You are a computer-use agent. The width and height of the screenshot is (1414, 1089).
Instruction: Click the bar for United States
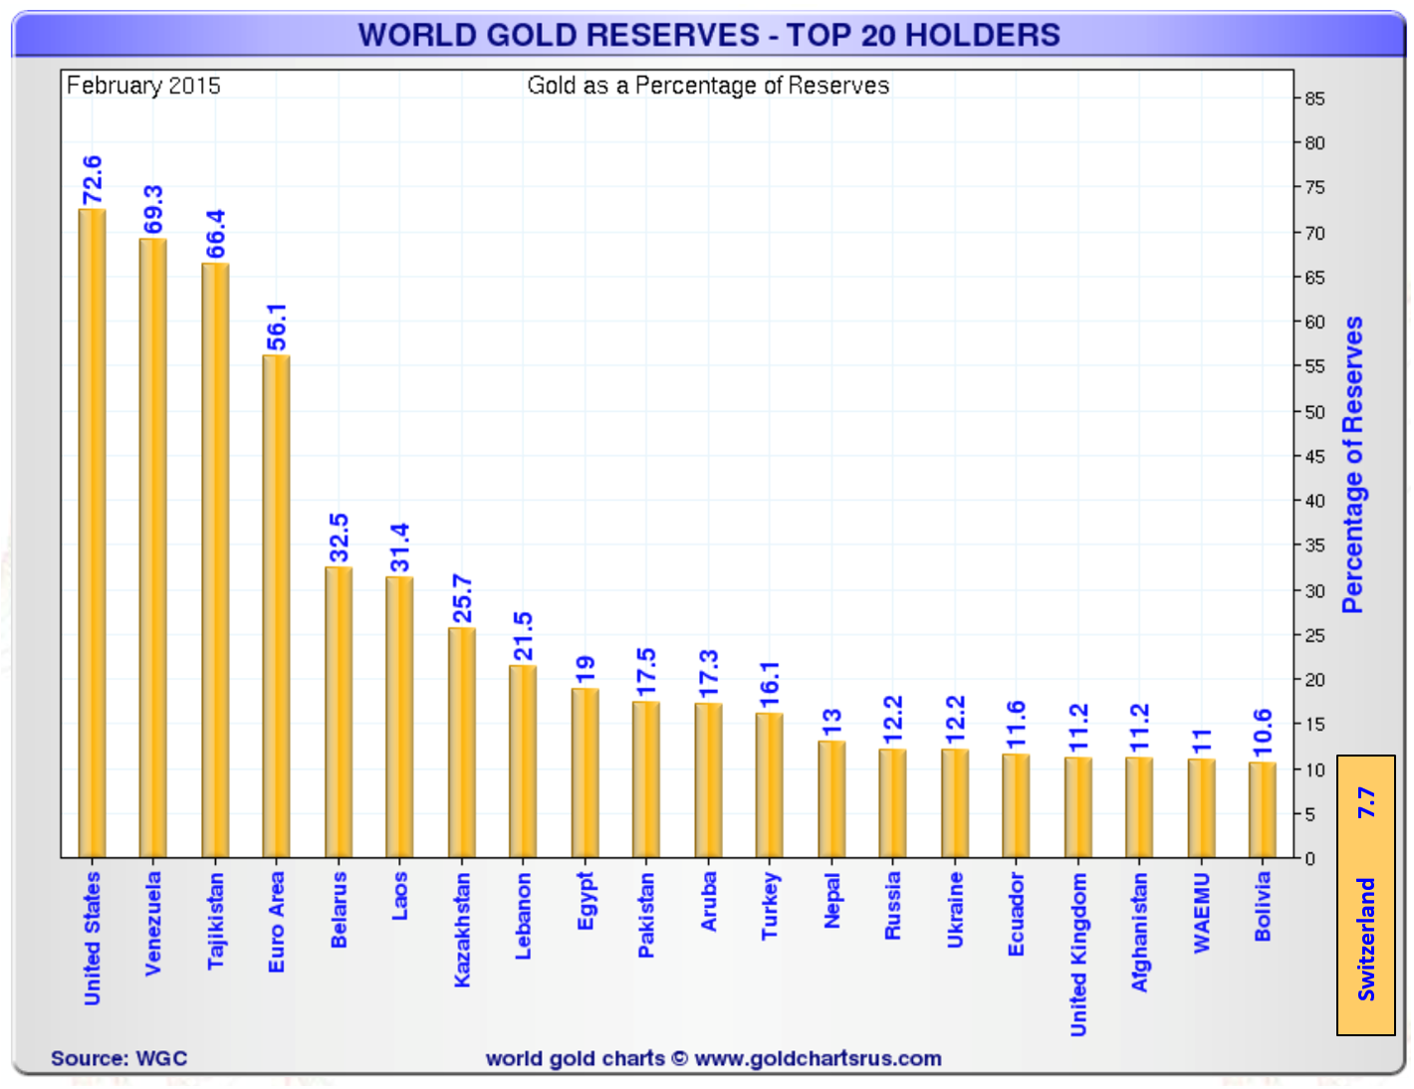(92, 533)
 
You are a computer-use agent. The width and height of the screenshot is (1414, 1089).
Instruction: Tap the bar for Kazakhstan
(461, 742)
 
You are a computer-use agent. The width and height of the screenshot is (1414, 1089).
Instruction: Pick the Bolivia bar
(1263, 809)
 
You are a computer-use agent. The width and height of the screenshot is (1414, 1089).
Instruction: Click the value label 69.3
(153, 209)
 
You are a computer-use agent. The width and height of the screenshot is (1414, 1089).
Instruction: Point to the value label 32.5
(339, 538)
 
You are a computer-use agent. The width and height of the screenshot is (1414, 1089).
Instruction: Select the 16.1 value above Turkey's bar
(770, 685)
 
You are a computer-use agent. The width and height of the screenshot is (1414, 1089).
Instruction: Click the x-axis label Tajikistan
(215, 921)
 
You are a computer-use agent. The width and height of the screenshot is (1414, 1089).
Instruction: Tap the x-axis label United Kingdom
(1078, 955)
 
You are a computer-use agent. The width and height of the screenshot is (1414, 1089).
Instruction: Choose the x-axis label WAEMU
(1202, 913)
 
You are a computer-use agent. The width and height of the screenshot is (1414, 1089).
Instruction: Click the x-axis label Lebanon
(523, 916)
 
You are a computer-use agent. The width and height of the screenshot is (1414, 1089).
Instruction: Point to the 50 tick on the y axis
(1314, 412)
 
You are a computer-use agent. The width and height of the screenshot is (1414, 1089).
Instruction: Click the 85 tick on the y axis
(1314, 99)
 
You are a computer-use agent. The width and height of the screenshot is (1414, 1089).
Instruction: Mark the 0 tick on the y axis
(1310, 858)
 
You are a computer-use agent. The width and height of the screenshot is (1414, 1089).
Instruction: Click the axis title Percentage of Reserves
(1352, 464)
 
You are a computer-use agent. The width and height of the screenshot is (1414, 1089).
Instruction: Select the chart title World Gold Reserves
(708, 35)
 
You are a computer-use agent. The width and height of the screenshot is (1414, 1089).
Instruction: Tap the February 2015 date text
(143, 86)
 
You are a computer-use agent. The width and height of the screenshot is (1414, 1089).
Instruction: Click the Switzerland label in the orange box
(1366, 939)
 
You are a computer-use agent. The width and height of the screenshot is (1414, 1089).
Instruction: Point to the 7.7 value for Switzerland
(1366, 802)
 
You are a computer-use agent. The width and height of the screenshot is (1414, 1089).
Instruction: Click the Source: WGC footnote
(118, 1058)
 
